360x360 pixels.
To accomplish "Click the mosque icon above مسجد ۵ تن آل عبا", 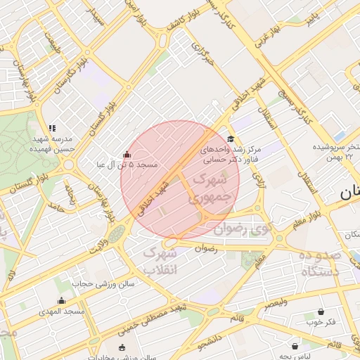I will pyautogui.click(x=127, y=155).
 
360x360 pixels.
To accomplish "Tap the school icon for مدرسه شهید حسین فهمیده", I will pyautogui.click(x=52, y=128).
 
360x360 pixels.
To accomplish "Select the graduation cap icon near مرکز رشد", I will pyautogui.click(x=231, y=139).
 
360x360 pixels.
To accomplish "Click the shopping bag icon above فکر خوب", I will pyautogui.click(x=321, y=311).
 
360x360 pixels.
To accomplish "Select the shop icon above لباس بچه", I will pyautogui.click(x=295, y=346).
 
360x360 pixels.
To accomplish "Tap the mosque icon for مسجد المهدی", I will pyautogui.click(x=60, y=301).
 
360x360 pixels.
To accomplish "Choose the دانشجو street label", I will pyautogui.click(x=211, y=343).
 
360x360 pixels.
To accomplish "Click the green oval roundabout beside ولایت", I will pyautogui.click(x=114, y=232).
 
